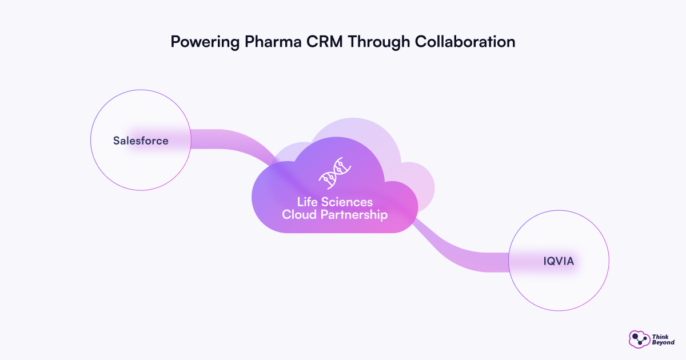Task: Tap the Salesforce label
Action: [x=141, y=141]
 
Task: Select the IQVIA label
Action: [x=559, y=262]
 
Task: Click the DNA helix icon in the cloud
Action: [x=335, y=173]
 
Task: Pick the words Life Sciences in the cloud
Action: [x=335, y=202]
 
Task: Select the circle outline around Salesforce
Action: [x=91, y=141]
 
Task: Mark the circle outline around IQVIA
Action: [x=609, y=262]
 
